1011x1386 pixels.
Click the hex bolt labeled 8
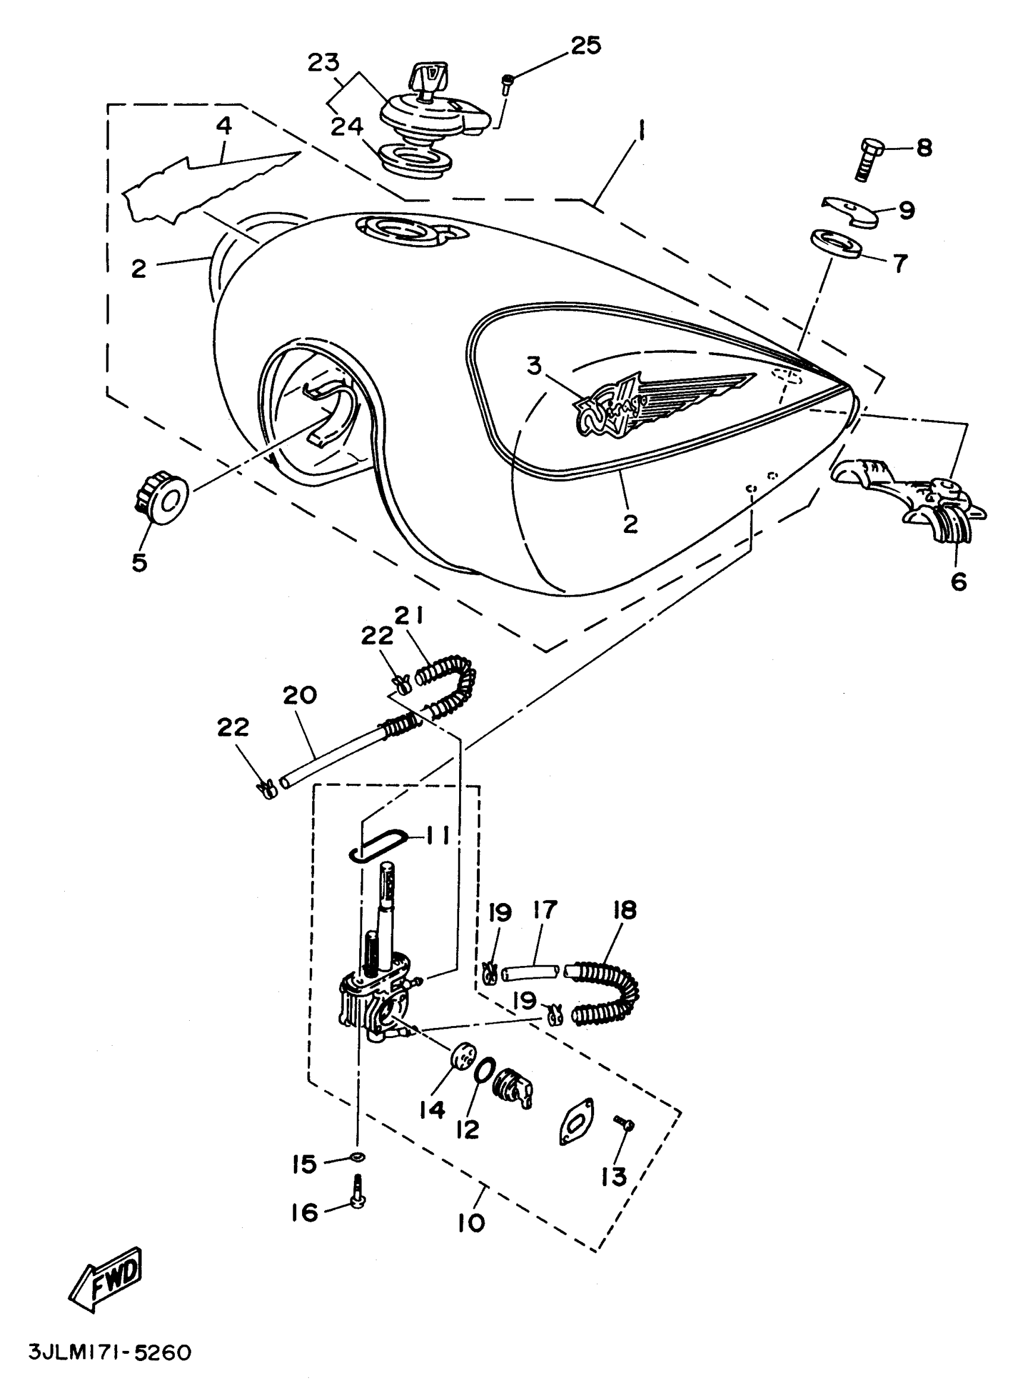click(x=869, y=159)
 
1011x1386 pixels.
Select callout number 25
click(x=586, y=46)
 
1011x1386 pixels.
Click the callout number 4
click(x=224, y=126)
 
